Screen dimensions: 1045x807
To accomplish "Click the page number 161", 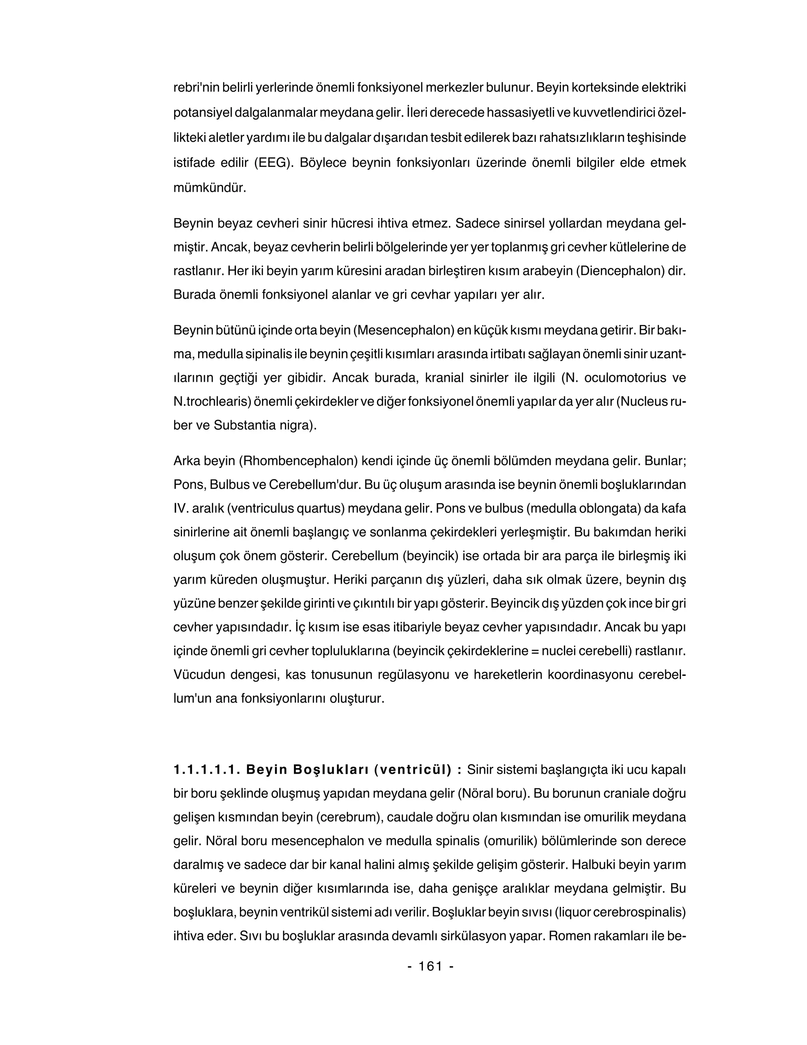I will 430,966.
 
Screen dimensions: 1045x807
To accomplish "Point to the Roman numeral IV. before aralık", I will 180,509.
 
